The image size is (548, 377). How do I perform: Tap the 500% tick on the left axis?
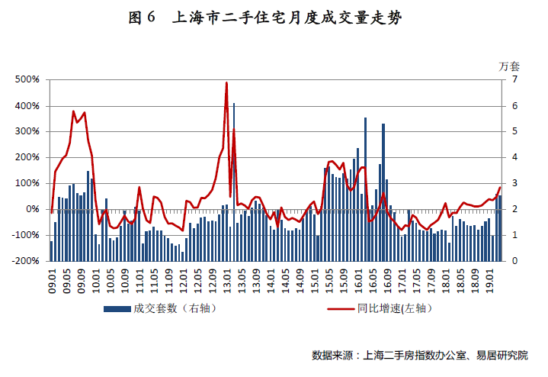(27, 79)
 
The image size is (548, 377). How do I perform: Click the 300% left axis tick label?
(27, 131)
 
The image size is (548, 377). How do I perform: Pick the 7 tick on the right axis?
(515, 79)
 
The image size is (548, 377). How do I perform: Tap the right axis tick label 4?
(515, 157)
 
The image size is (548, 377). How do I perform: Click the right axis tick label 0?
(515, 261)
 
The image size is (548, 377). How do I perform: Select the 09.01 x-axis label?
(52, 278)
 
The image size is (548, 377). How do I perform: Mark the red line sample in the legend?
(341, 309)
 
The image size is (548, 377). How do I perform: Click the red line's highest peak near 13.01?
(226, 83)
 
